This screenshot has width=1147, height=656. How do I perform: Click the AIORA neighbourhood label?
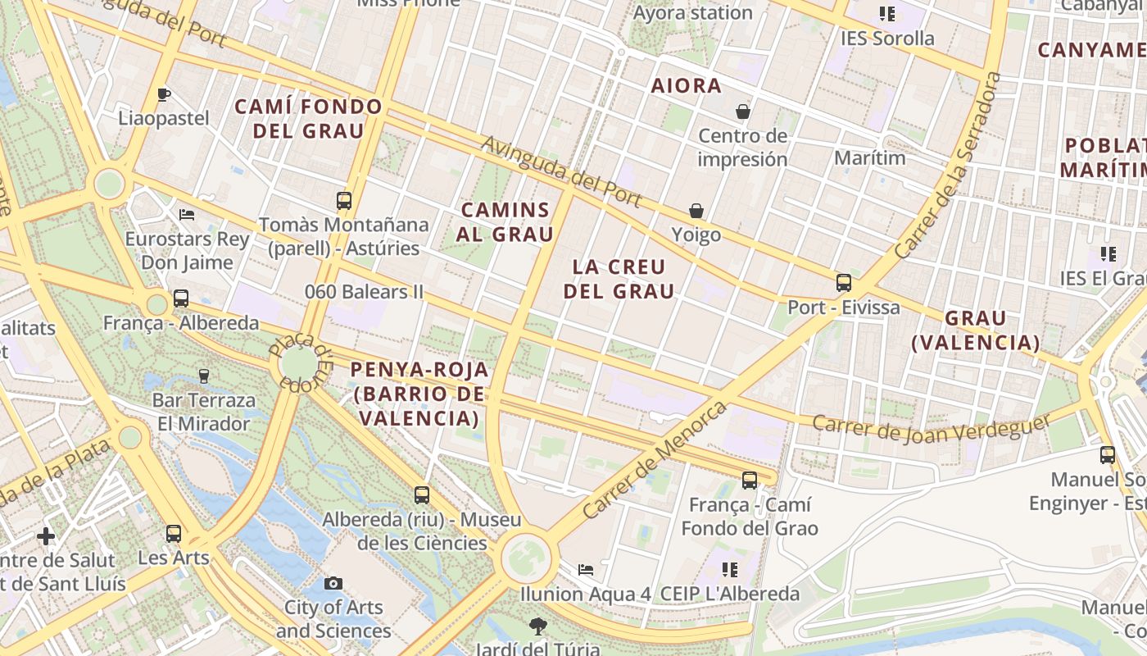pos(686,85)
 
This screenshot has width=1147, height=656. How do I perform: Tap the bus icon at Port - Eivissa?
pos(844,283)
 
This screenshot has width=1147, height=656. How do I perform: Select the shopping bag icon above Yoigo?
pos(696,212)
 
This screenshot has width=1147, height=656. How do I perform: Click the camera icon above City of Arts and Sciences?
pos(333,583)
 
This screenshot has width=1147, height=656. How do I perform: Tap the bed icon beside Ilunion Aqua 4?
pos(586,569)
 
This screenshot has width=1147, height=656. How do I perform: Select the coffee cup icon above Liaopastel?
pos(164,94)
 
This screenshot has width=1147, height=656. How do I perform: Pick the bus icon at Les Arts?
pos(174,534)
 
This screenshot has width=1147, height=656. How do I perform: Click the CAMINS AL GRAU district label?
pos(505,221)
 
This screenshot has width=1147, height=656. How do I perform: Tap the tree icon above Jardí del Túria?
pos(537,626)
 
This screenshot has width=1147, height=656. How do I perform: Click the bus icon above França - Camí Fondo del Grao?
pos(750,481)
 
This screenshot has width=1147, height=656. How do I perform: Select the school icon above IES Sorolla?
pos(886,14)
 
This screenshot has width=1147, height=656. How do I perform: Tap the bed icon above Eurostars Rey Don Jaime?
pos(187,215)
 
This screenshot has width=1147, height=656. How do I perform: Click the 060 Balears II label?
pos(364,292)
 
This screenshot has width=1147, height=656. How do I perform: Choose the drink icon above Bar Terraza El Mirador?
pos(204,376)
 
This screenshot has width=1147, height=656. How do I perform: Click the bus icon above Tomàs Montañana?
pos(344,200)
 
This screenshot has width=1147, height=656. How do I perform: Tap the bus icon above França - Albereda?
pos(181,298)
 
